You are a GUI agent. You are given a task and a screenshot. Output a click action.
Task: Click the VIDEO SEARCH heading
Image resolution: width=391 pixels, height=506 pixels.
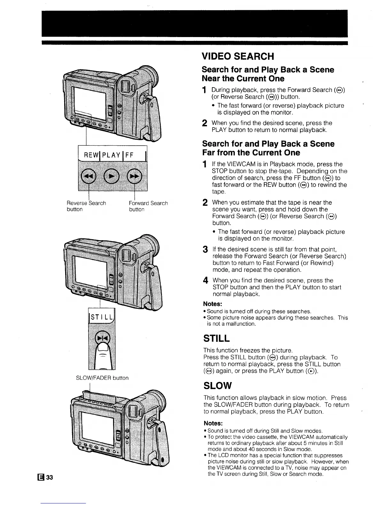click(238, 57)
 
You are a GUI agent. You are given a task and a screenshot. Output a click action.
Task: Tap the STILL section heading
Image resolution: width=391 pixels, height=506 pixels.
click(216, 338)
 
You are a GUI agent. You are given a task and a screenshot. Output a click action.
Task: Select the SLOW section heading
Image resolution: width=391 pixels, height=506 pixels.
click(217, 386)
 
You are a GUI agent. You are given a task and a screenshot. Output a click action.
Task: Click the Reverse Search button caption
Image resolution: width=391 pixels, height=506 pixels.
click(86, 206)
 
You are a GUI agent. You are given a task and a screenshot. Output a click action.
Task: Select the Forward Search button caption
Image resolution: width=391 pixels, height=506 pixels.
click(148, 206)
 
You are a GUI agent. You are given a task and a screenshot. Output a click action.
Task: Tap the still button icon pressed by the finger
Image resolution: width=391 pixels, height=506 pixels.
click(103, 338)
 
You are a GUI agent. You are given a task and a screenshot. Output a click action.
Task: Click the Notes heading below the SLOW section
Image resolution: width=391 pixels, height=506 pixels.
click(213, 423)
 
